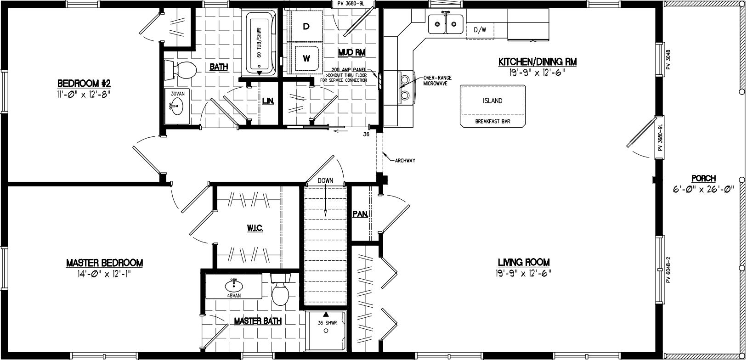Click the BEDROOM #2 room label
[83, 84]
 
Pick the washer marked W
[306, 58]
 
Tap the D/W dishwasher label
[480, 30]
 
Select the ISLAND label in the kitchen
[492, 101]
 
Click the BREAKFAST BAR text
[492, 122]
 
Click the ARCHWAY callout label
[405, 160]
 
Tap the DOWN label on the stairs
[325, 180]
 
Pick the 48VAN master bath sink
[234, 287]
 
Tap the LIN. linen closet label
[268, 101]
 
